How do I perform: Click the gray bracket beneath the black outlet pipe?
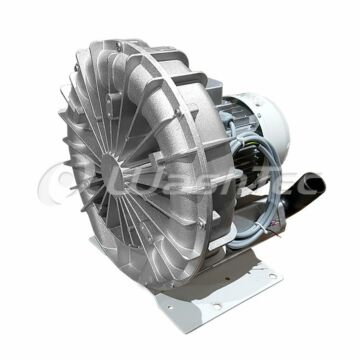285,235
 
